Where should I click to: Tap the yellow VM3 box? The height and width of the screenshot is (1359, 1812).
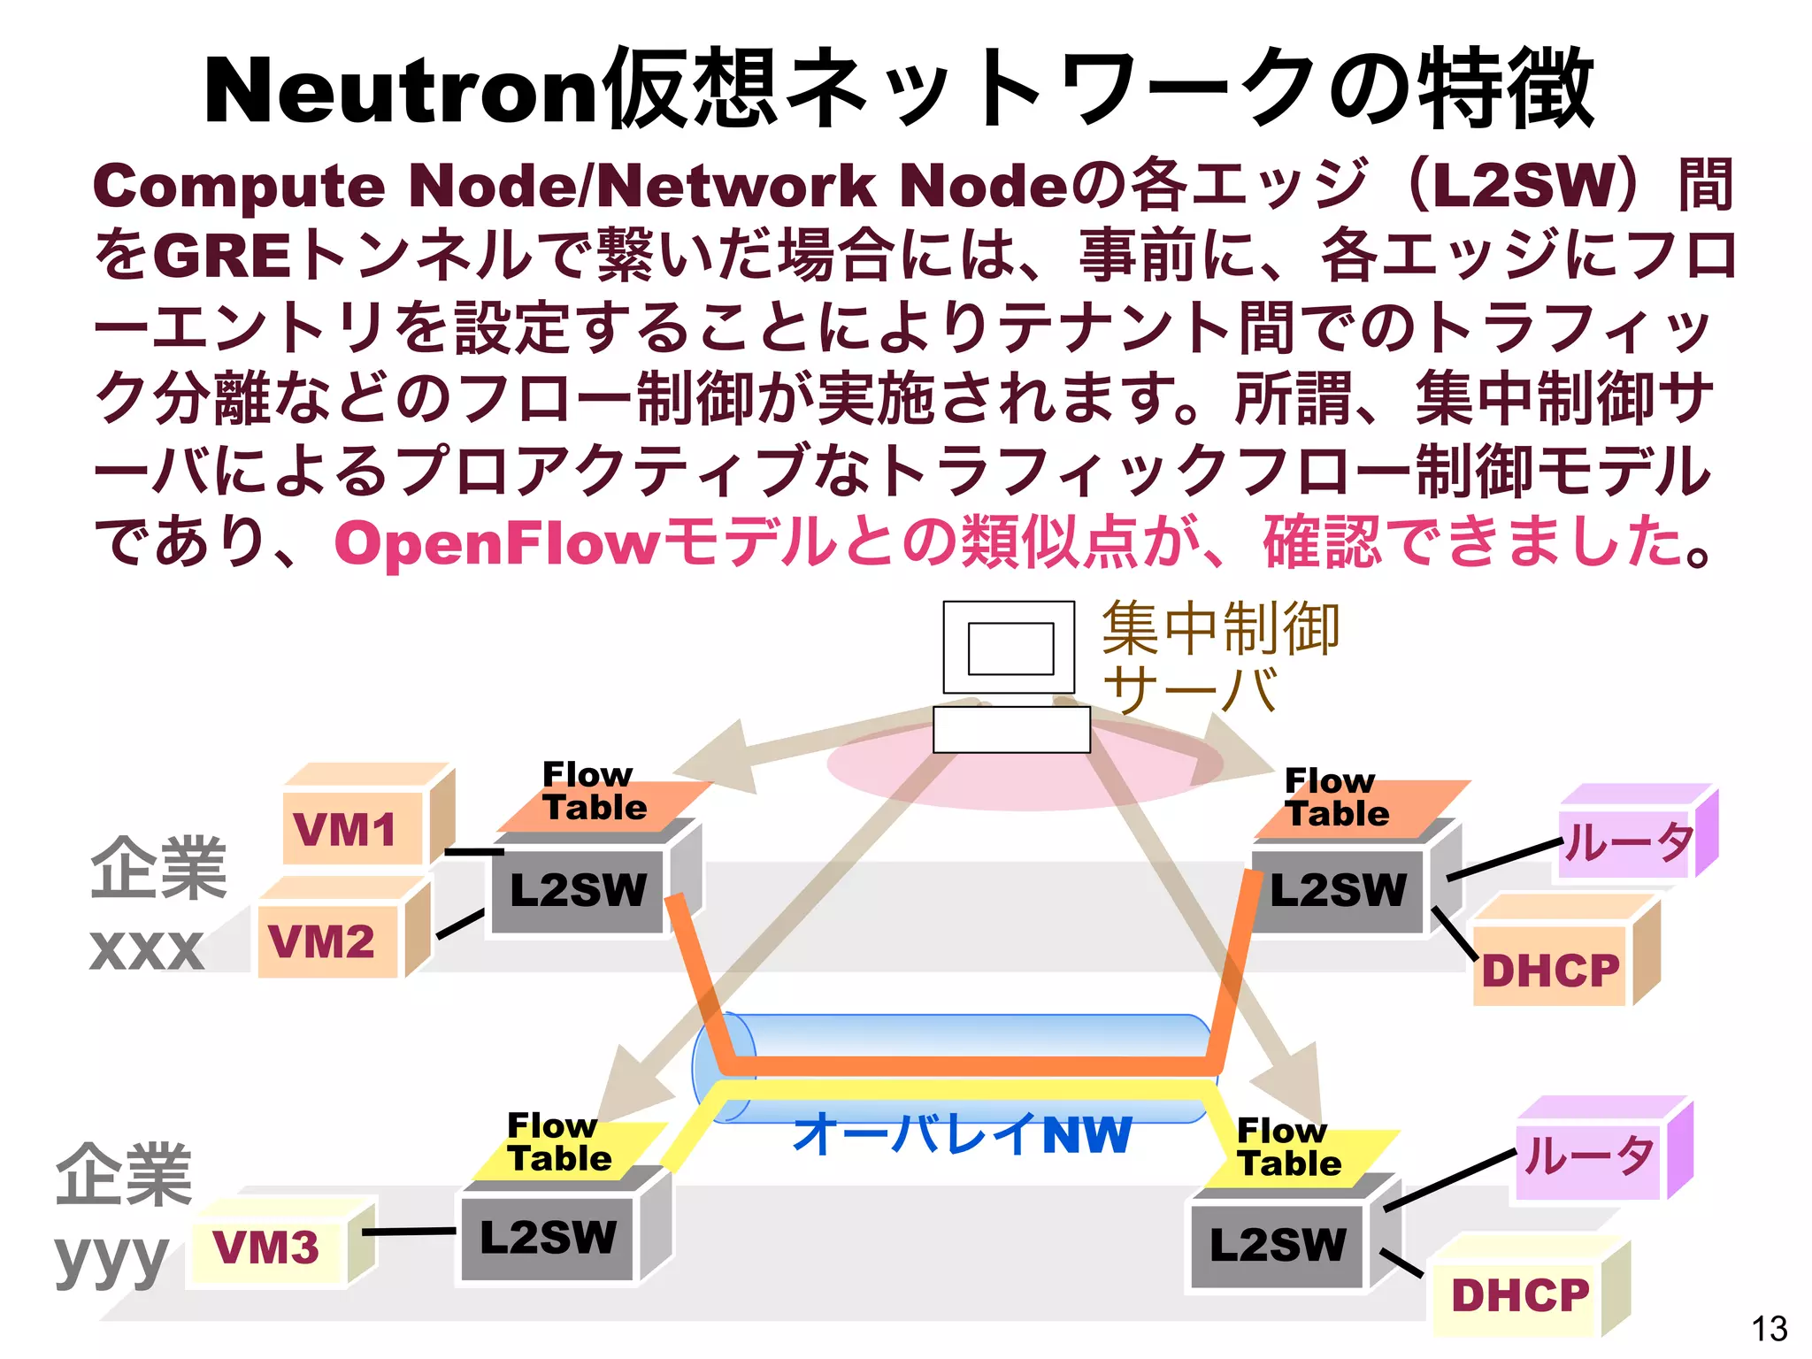pyautogui.click(x=266, y=1248)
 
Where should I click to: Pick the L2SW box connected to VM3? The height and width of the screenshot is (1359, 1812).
pyautogui.click(x=547, y=1237)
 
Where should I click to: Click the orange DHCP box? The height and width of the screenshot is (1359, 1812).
pyautogui.click(x=1550, y=970)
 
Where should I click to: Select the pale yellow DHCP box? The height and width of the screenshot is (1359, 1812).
pyautogui.click(x=1518, y=1295)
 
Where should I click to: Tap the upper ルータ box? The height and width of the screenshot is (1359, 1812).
pyautogui.click(x=1626, y=842)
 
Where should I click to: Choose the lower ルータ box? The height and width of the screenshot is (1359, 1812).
pyautogui.click(x=1588, y=1156)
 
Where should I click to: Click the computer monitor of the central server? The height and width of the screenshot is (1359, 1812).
pyautogui.click(x=1010, y=649)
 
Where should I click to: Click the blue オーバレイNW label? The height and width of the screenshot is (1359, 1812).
pyautogui.click(x=963, y=1134)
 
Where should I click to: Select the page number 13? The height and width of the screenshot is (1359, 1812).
pyautogui.click(x=1768, y=1328)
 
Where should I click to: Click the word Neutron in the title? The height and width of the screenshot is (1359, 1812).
pyautogui.click(x=403, y=91)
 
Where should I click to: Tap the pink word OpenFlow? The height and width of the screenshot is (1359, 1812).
pyautogui.click(x=495, y=542)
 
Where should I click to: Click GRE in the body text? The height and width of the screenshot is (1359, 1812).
pyautogui.click(x=222, y=256)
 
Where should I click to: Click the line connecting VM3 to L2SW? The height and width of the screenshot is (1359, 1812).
pyautogui.click(x=410, y=1232)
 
